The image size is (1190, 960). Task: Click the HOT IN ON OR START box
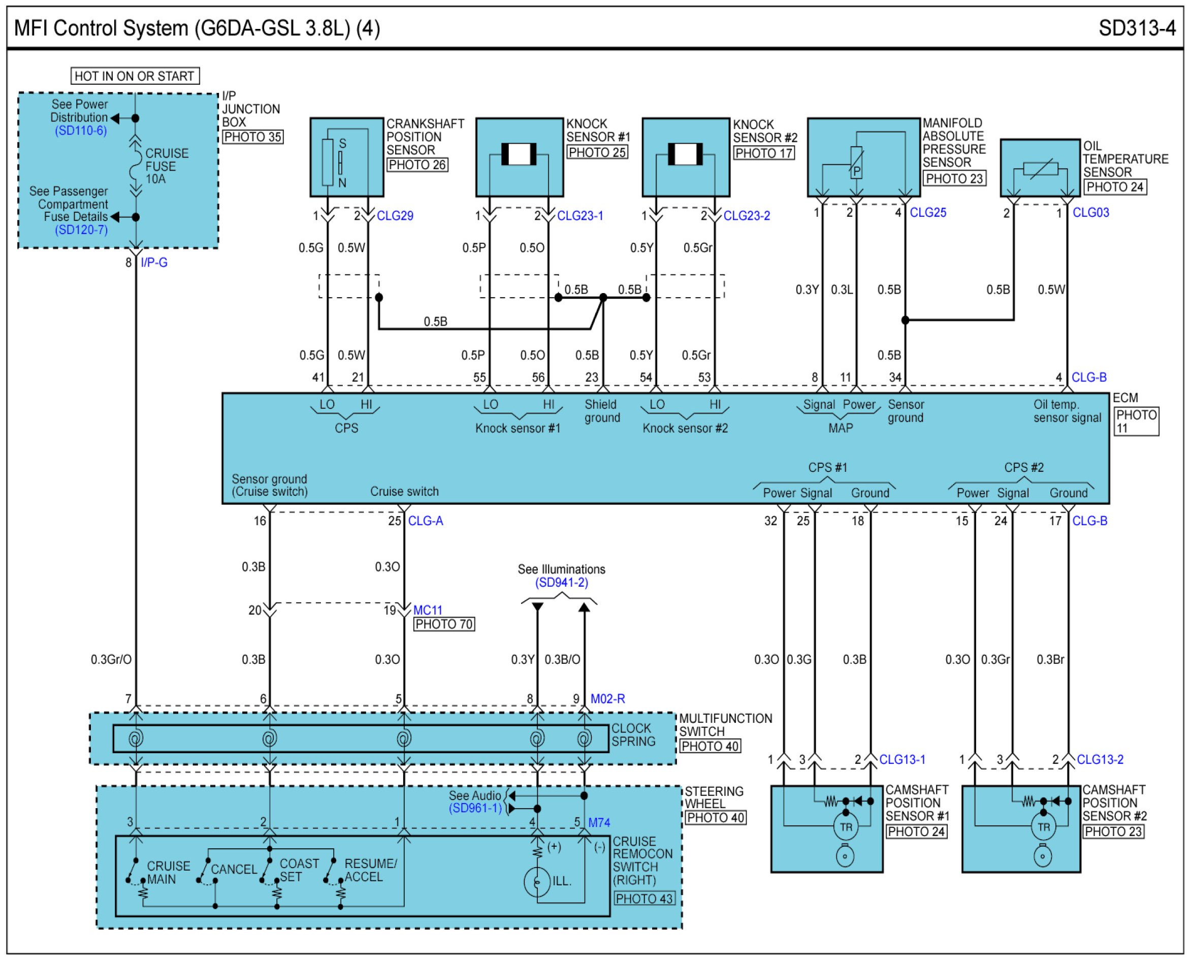tap(135, 76)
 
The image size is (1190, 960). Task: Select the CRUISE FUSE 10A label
tap(167, 166)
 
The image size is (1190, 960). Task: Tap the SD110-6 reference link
tap(81, 131)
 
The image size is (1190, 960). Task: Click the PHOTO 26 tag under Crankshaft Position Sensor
tap(417, 165)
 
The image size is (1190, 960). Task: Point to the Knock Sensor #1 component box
tap(519, 157)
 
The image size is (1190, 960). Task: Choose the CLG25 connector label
tap(928, 212)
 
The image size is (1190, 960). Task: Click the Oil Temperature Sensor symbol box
tap(1040, 168)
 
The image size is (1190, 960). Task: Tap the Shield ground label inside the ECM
tap(602, 411)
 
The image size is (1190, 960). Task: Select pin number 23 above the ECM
tap(592, 377)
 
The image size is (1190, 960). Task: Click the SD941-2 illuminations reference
tap(561, 582)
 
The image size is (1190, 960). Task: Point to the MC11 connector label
tap(428, 610)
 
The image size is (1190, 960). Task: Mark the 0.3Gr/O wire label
tap(111, 659)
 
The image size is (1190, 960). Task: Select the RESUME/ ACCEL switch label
tap(370, 870)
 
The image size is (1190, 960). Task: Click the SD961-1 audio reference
tap(475, 809)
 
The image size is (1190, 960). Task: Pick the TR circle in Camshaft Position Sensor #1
tap(846, 827)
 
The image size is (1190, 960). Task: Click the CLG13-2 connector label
tap(1100, 759)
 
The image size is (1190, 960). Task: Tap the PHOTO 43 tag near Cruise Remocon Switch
tap(644, 899)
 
